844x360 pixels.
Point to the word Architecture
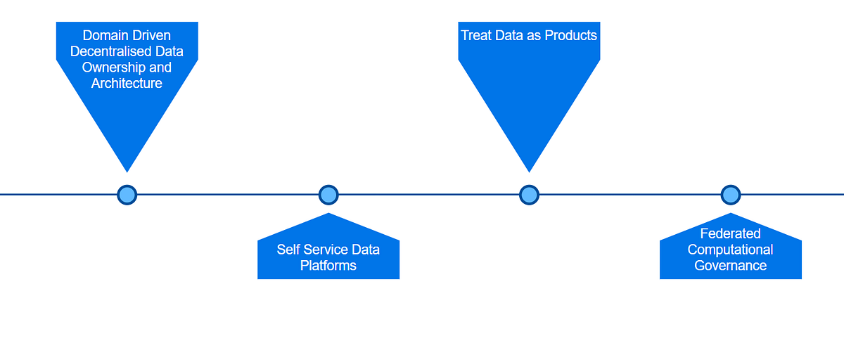click(x=127, y=84)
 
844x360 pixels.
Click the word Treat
click(x=477, y=35)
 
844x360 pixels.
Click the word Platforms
click(x=328, y=266)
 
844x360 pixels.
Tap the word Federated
click(x=730, y=233)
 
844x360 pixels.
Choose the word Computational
click(x=730, y=250)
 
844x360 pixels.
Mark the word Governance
click(x=730, y=266)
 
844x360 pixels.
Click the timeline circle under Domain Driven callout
click(x=127, y=195)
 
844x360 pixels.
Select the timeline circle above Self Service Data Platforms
click(x=328, y=195)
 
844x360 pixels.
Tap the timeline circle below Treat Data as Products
click(x=529, y=195)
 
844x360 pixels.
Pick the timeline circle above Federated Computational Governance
click(x=731, y=195)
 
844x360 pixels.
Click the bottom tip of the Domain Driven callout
click(x=127, y=170)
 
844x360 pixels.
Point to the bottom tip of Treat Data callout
click(x=529, y=170)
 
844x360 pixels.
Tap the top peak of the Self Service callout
click(x=328, y=214)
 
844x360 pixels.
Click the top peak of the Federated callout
click(x=731, y=214)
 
